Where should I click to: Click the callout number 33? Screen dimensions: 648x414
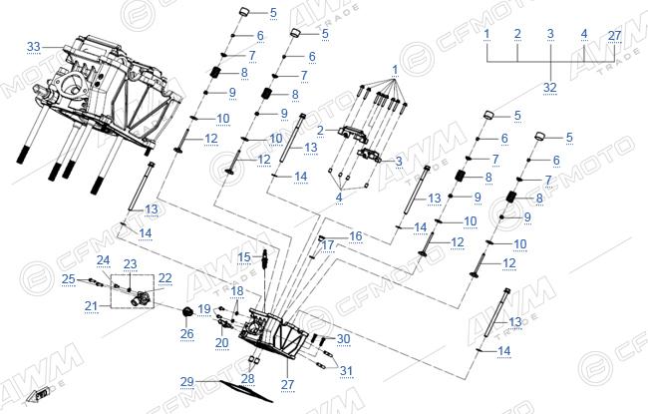click(x=34, y=47)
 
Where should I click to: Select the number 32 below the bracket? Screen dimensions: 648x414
click(x=550, y=88)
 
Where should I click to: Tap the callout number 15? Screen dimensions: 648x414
click(x=244, y=257)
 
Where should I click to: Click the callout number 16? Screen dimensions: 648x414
click(x=356, y=236)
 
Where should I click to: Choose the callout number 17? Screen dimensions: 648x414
click(x=328, y=245)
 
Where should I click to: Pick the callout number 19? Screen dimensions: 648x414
click(x=204, y=309)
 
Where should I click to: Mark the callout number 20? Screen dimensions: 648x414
click(x=222, y=342)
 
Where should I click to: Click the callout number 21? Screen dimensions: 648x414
click(x=92, y=306)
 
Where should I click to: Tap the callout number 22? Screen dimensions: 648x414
click(x=164, y=278)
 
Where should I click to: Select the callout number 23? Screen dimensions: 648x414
click(x=131, y=264)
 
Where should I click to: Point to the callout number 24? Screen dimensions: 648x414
click(x=104, y=260)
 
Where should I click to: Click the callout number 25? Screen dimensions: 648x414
click(x=69, y=279)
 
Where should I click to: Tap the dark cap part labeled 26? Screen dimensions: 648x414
click(x=187, y=312)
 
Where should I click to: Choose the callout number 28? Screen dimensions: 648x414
click(x=248, y=378)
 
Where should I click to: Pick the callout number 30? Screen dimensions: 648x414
click(x=343, y=339)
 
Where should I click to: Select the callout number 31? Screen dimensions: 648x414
click(x=346, y=371)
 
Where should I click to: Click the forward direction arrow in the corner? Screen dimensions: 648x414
click(x=38, y=394)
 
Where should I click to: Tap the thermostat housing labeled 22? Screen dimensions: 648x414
click(x=140, y=298)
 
